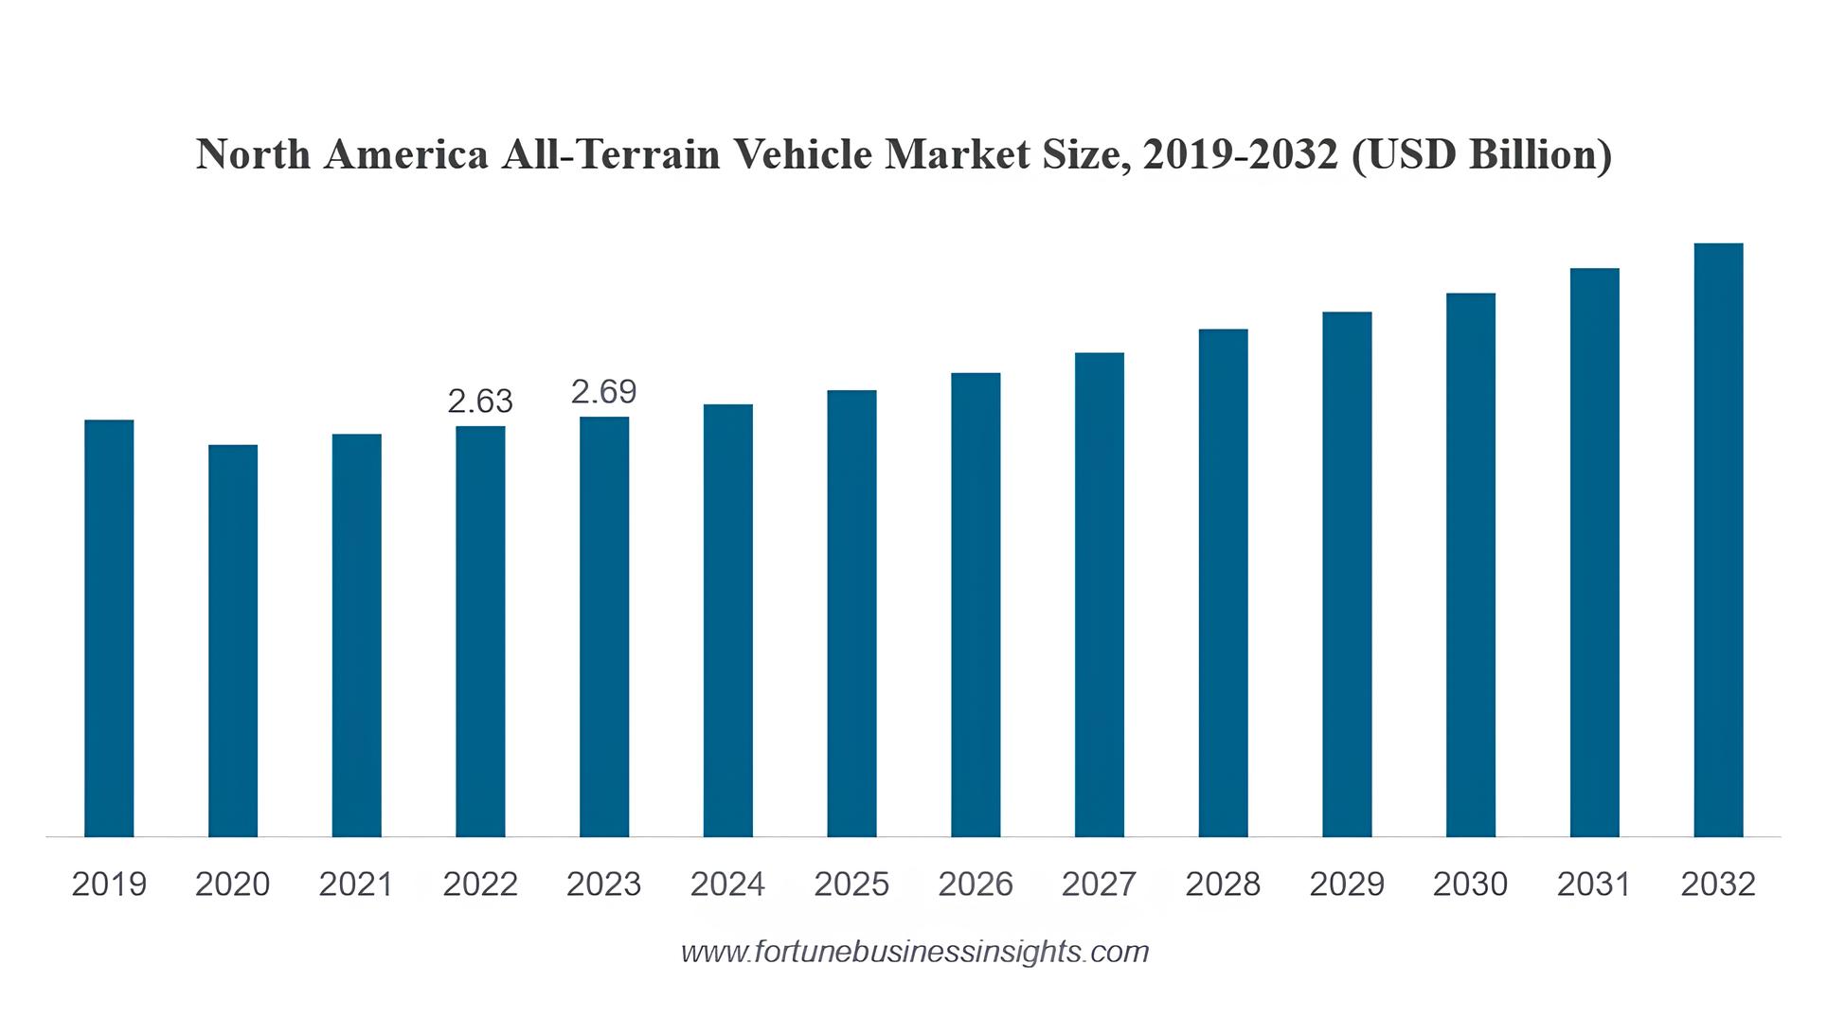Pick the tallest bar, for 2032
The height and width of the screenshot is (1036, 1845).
[1718, 540]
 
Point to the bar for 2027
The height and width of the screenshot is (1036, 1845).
[1100, 595]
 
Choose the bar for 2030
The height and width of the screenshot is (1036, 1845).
[1471, 564]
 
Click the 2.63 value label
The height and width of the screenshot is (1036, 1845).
[480, 402]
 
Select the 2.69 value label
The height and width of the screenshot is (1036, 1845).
[604, 391]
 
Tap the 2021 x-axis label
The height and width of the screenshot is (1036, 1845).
[356, 884]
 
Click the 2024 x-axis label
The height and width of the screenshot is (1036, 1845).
[727, 884]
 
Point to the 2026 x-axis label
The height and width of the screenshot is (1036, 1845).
[976, 884]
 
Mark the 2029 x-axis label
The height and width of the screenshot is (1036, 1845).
[1347, 884]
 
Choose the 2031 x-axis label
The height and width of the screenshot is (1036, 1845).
[1595, 884]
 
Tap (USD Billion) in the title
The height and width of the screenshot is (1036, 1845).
[1481, 154]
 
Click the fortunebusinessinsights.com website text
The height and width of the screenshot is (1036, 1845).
[915, 951]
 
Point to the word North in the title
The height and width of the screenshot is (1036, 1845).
[253, 154]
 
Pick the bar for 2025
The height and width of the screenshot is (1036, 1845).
[851, 613]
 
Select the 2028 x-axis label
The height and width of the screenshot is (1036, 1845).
[1223, 884]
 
